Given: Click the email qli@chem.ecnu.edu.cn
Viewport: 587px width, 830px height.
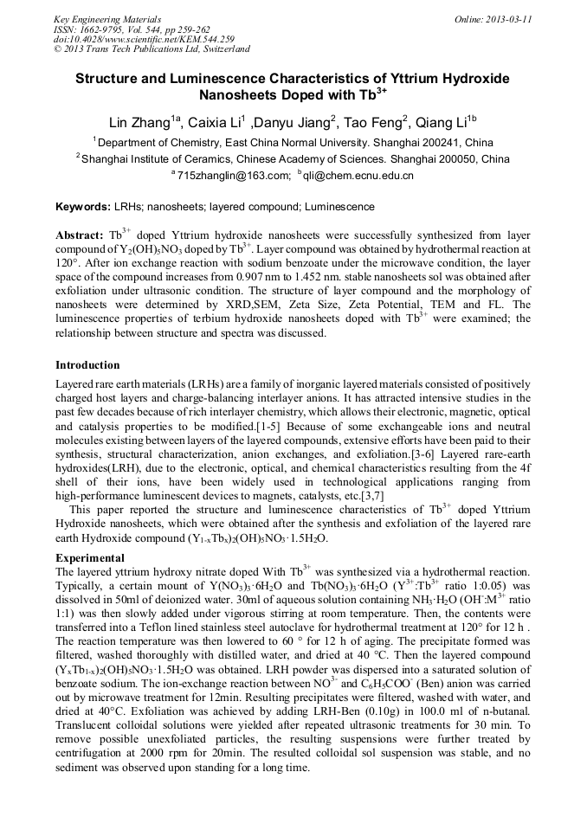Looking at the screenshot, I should (358, 176).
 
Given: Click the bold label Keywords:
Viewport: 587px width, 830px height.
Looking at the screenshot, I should (82, 207).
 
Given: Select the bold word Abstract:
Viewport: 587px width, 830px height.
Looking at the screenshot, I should (80, 235).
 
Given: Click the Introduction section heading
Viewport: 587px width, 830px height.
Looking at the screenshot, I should (87, 364).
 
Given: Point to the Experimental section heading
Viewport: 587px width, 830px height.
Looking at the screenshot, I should (90, 557).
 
